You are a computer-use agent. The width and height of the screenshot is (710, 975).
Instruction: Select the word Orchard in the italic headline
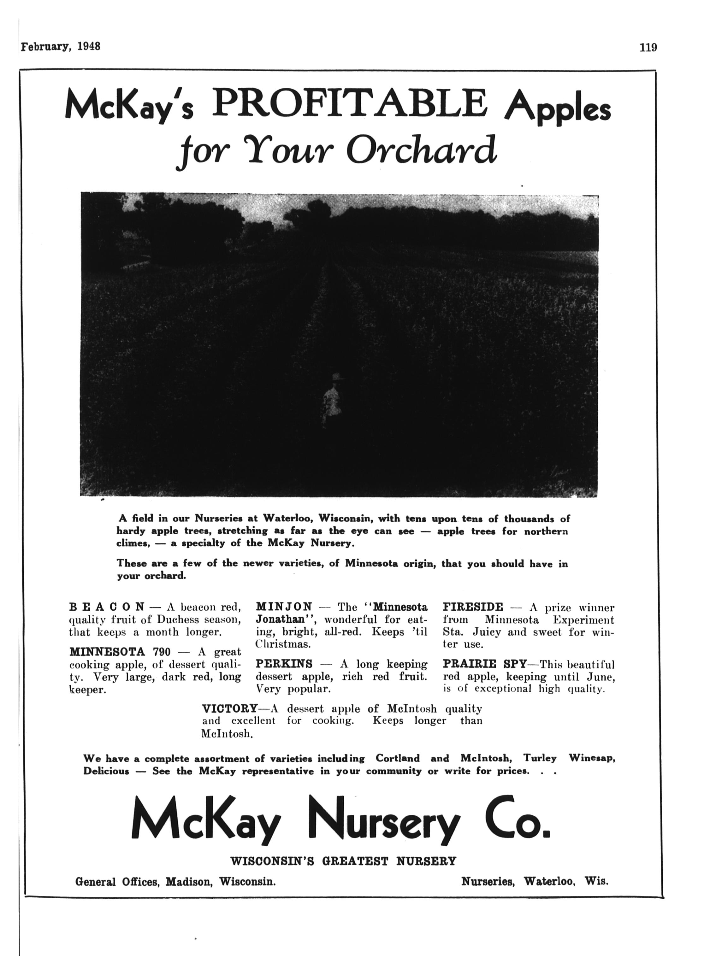422,150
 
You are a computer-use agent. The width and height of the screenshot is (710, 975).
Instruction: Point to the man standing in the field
332,398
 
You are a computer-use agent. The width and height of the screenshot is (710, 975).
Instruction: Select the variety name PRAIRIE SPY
485,663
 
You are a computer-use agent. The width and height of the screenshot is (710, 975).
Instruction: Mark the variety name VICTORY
230,708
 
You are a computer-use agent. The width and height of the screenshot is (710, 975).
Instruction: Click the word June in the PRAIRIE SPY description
601,677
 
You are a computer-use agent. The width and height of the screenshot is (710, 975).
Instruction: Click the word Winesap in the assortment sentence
592,758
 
